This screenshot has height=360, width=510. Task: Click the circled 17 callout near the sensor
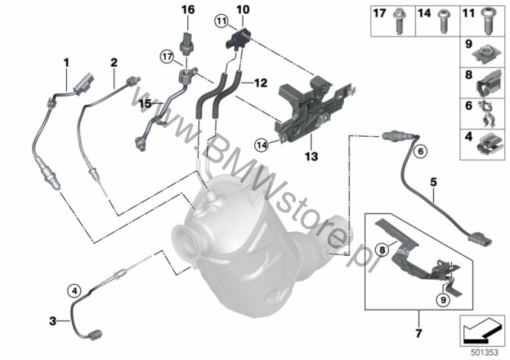click(167, 57)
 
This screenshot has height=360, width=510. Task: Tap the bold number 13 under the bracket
click(312, 156)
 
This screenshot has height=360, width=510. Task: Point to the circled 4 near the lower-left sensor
click(74, 290)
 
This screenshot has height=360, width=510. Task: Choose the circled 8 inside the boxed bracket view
click(382, 250)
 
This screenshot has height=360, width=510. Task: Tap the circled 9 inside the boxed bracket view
click(443, 300)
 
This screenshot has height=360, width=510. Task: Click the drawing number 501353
click(485, 353)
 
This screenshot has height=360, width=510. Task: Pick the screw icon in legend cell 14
click(442, 22)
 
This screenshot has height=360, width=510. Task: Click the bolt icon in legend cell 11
click(488, 22)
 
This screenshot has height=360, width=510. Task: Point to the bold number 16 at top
click(188, 10)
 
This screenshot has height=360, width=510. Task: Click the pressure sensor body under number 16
click(187, 44)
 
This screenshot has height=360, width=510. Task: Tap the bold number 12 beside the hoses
click(260, 83)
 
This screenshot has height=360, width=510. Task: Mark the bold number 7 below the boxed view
click(419, 333)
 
